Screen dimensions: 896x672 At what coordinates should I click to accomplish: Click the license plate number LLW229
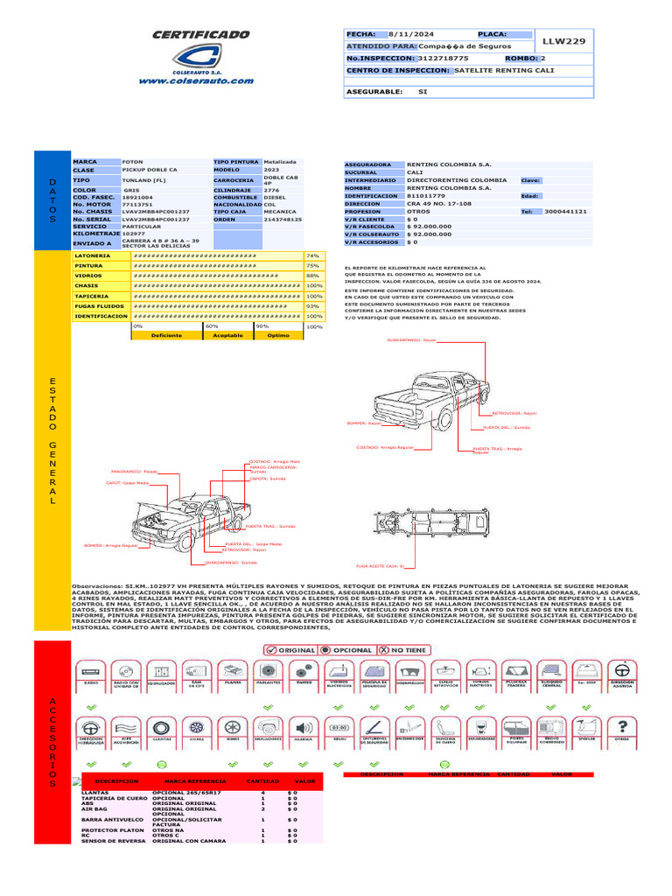(564, 41)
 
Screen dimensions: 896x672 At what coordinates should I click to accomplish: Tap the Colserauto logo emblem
(201, 59)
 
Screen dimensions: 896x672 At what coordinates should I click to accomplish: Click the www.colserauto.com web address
(196, 80)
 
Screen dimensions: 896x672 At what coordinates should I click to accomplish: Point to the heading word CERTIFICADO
(201, 34)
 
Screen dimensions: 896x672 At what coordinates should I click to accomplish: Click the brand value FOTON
(132, 163)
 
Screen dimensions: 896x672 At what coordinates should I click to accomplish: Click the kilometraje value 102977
(134, 234)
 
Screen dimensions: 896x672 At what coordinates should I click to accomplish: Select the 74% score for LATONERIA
(312, 255)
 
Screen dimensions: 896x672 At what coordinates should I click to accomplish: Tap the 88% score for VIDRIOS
(312, 276)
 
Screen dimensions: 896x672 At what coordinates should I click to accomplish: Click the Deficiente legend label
(166, 335)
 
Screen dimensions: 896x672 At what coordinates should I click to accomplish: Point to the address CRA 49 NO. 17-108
(439, 204)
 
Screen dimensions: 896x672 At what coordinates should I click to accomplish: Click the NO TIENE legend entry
(405, 650)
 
